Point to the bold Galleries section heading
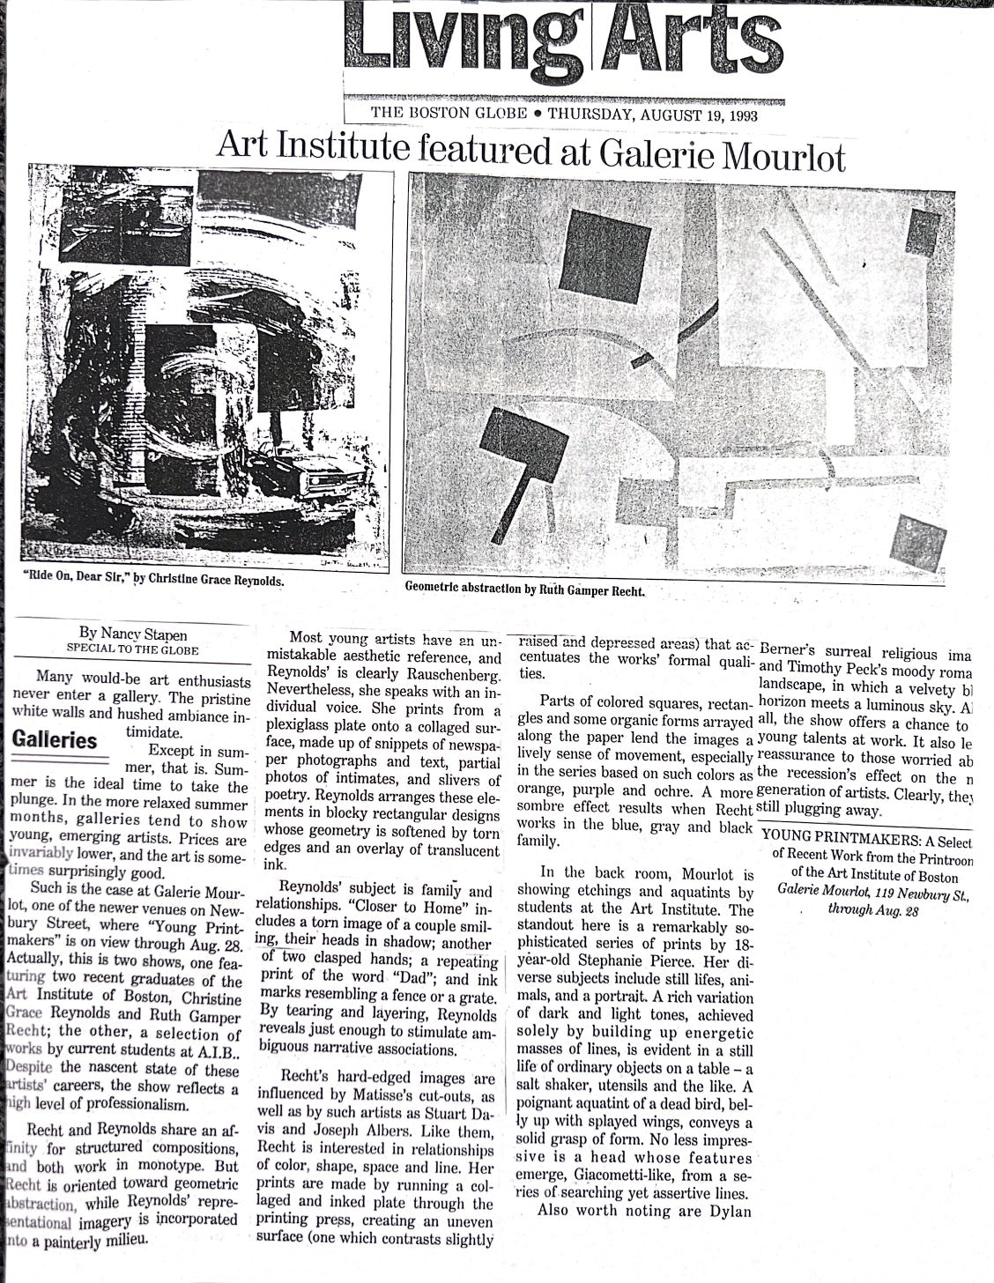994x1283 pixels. [55, 738]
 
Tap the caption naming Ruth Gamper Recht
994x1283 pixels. [525, 590]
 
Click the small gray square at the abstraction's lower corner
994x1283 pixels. [917, 541]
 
